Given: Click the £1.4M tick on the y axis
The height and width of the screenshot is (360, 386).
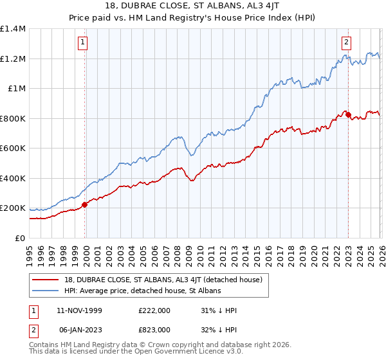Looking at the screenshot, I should (13, 29).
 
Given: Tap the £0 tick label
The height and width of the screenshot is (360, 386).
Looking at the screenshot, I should (21, 238).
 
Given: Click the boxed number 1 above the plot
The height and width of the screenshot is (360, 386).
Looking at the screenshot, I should (84, 43).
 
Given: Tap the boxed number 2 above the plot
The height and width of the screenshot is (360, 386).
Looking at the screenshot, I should (346, 43).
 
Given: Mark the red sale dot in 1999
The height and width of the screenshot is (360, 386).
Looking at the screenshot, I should (84, 205).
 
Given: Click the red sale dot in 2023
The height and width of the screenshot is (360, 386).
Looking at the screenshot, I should (348, 115).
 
